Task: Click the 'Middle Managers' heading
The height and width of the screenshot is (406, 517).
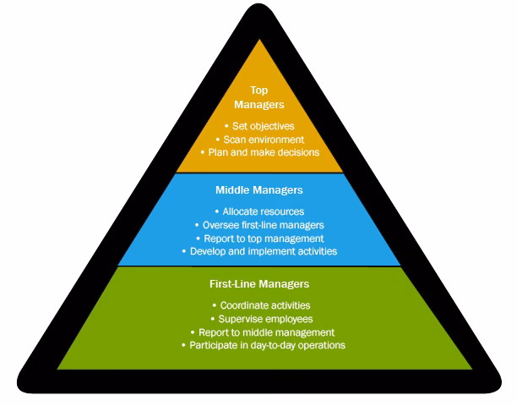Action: (x=259, y=190)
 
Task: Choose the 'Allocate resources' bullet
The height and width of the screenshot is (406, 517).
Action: (x=259, y=211)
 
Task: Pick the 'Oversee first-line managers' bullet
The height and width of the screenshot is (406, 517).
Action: (x=259, y=224)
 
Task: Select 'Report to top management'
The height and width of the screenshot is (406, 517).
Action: (x=259, y=238)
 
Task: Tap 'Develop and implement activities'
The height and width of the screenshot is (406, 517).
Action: (x=259, y=251)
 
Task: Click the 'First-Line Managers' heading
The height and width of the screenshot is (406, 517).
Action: (x=259, y=284)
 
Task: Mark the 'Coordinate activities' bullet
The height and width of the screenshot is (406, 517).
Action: (x=259, y=304)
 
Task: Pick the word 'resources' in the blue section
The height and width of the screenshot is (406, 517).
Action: (x=280, y=211)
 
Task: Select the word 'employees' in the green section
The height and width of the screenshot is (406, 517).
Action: (x=285, y=318)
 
